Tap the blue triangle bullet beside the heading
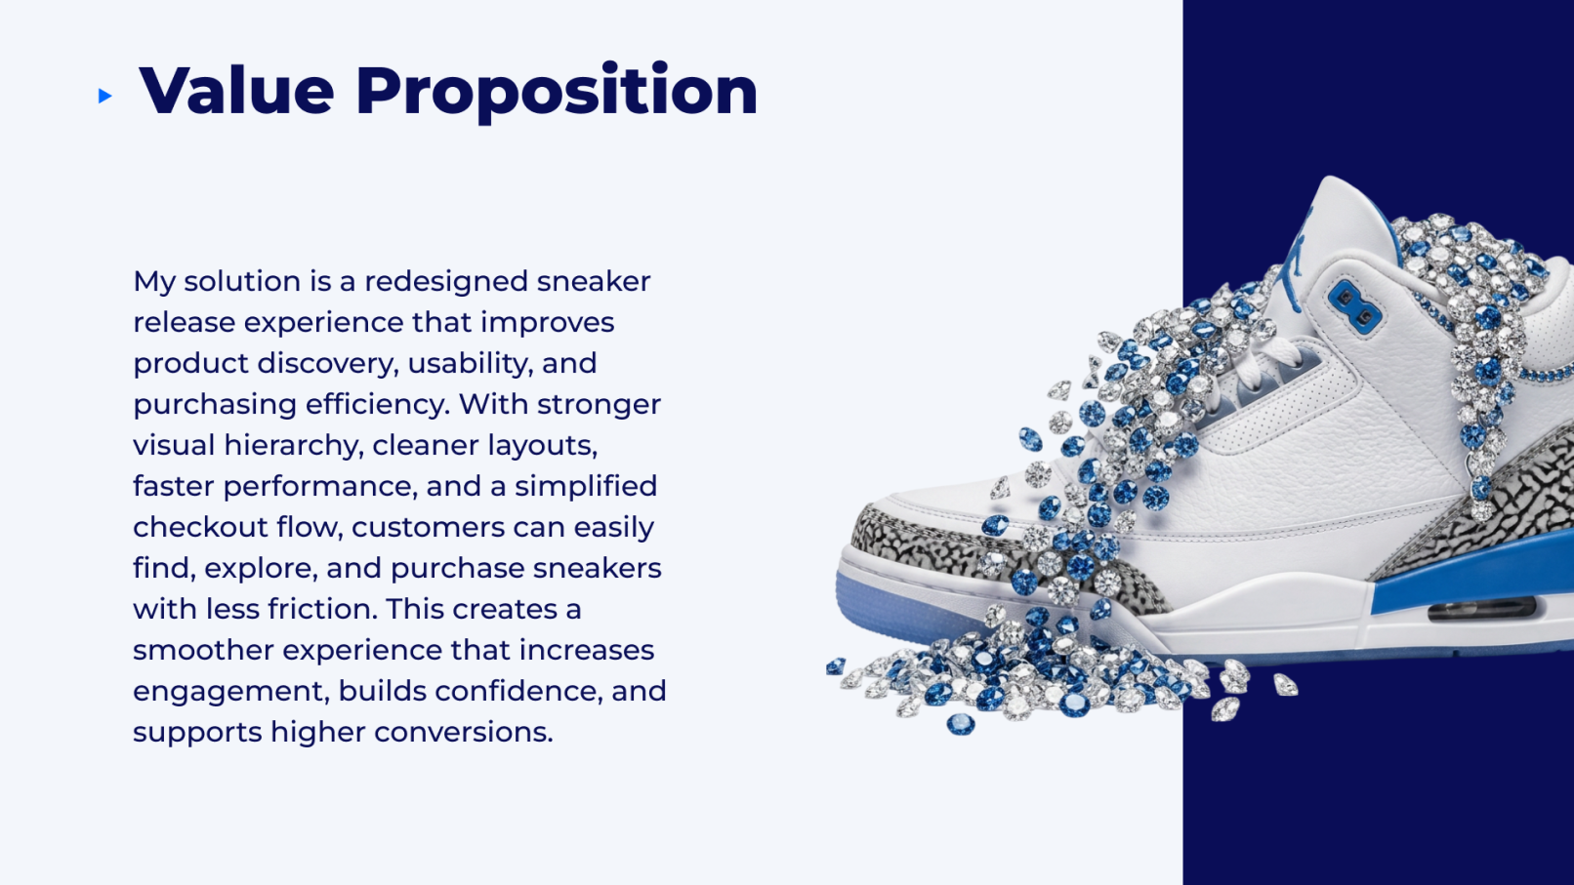point(105,96)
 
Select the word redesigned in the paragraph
point(446,281)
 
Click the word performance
point(320,486)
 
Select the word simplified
point(586,486)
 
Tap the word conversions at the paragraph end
point(464,732)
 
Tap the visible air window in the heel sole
point(1482,608)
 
